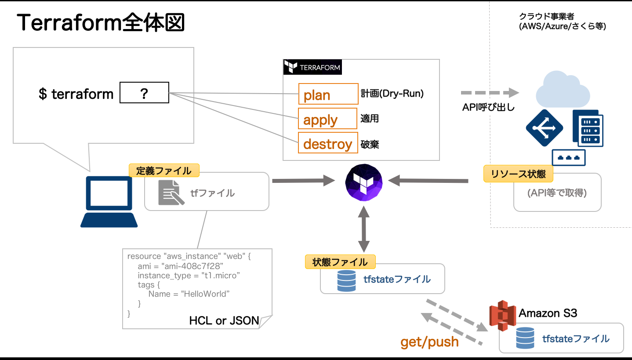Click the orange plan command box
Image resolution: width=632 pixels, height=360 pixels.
click(328, 94)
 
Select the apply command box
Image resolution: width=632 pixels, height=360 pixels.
click(328, 119)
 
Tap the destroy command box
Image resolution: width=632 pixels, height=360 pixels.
click(328, 143)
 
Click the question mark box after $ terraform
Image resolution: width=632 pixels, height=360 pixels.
click(144, 92)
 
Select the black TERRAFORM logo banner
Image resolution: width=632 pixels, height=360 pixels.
click(312, 67)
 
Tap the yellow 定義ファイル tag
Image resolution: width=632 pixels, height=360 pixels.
click(164, 171)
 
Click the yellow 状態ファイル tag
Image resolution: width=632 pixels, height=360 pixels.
click(340, 262)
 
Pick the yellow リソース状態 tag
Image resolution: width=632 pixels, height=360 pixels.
click(518, 174)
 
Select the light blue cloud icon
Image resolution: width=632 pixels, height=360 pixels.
click(563, 87)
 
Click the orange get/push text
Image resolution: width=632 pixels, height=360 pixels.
click(429, 342)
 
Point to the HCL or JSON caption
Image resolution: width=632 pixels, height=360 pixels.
click(224, 320)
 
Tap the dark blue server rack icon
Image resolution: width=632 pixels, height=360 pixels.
click(588, 128)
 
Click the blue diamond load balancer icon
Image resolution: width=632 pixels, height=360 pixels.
click(545, 128)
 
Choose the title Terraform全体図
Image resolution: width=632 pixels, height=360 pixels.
click(101, 22)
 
